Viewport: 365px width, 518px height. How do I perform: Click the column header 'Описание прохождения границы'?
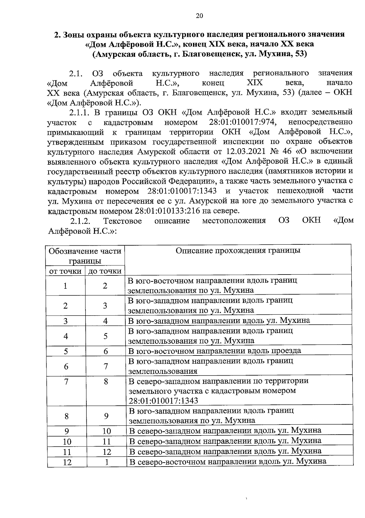(238, 250)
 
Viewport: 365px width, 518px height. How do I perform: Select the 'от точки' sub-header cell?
(65, 271)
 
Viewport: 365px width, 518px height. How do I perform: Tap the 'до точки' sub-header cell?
(105, 271)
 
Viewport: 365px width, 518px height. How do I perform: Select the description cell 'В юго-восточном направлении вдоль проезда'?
(215, 351)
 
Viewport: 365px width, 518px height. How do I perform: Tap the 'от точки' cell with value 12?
(67, 462)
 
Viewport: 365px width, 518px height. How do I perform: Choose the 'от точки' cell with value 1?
(65, 286)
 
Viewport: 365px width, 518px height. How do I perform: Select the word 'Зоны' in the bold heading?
(75, 34)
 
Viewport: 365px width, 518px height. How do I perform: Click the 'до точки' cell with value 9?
(106, 416)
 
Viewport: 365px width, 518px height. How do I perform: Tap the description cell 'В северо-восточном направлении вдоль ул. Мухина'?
(228, 461)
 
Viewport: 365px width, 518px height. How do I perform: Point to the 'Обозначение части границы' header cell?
(85, 256)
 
